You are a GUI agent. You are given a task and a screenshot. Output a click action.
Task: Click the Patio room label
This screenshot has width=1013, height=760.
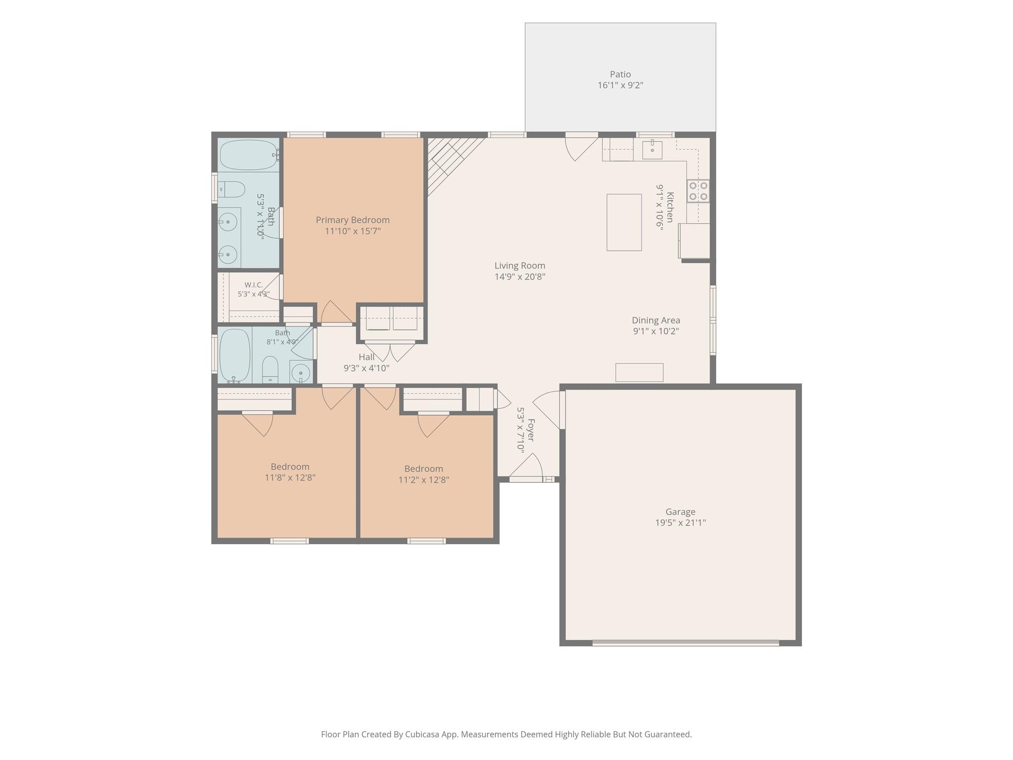[620, 74]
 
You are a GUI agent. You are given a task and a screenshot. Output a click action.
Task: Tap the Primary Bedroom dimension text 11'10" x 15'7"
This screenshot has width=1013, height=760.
[352, 231]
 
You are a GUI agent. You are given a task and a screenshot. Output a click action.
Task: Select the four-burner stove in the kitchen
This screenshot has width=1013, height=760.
[698, 191]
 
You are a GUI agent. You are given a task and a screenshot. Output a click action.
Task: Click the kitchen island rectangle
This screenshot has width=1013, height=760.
[624, 222]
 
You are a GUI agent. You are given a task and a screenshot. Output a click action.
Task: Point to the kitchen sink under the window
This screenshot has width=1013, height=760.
[652, 150]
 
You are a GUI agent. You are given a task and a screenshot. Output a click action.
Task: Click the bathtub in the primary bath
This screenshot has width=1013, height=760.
[249, 155]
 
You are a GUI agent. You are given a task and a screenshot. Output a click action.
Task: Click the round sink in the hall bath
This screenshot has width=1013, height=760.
[300, 372]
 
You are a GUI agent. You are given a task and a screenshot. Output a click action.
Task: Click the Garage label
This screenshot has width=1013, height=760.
[680, 512]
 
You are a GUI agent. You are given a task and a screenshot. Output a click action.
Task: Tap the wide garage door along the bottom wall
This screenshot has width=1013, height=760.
[686, 643]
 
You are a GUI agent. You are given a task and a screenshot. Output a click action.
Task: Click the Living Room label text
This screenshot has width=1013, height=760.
[520, 266]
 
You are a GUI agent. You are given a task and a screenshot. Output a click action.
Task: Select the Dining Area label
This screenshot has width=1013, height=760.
[656, 320]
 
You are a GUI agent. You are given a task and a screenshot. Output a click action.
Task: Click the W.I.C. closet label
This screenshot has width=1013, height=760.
[254, 285]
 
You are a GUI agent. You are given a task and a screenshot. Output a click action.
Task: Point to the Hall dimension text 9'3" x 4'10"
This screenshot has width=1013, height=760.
[367, 368]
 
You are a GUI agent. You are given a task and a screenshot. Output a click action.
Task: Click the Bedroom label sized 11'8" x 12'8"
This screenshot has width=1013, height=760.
[290, 467]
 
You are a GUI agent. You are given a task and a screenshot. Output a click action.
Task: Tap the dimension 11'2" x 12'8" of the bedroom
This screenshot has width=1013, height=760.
[424, 479]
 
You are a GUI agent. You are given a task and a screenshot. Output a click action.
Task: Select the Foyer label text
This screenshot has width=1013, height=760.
[531, 430]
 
